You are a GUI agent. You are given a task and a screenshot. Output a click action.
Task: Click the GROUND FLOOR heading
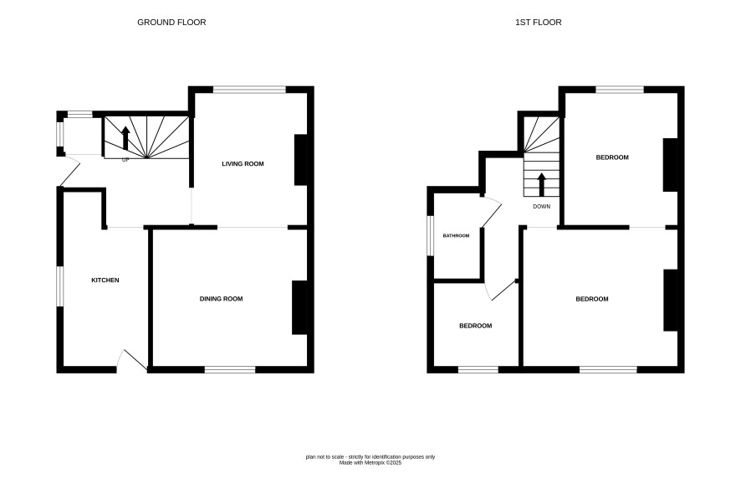[171, 23]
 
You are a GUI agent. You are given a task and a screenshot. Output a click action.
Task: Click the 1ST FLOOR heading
[539, 23]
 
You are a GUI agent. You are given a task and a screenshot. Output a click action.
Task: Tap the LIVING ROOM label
[243, 163]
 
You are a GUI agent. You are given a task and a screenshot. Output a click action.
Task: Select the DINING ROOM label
[221, 299]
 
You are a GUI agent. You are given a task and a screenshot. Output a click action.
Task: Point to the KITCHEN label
[105, 281]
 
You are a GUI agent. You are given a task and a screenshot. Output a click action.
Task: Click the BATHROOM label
[456, 235]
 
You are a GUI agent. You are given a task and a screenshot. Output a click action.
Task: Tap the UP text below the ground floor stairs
[125, 160]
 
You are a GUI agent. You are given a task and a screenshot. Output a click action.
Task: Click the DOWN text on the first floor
[542, 207]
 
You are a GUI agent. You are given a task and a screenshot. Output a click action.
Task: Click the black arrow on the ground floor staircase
[125, 137]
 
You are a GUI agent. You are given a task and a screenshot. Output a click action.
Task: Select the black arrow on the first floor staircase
[542, 184]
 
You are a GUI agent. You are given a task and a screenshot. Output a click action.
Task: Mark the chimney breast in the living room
[301, 160]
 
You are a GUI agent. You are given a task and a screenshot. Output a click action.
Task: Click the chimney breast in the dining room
[299, 307]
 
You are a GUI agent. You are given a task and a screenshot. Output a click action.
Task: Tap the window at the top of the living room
[249, 90]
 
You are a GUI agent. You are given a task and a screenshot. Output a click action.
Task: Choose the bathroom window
[430, 236]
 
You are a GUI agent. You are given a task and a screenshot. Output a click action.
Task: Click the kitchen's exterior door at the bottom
[132, 360]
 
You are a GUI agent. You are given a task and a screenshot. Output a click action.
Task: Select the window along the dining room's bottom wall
[230, 369]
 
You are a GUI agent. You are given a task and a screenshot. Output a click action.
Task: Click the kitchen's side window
[60, 286]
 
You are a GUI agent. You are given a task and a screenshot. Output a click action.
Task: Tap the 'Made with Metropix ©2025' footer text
[370, 463]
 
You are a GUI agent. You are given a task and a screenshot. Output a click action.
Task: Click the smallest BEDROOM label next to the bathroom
[475, 326]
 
